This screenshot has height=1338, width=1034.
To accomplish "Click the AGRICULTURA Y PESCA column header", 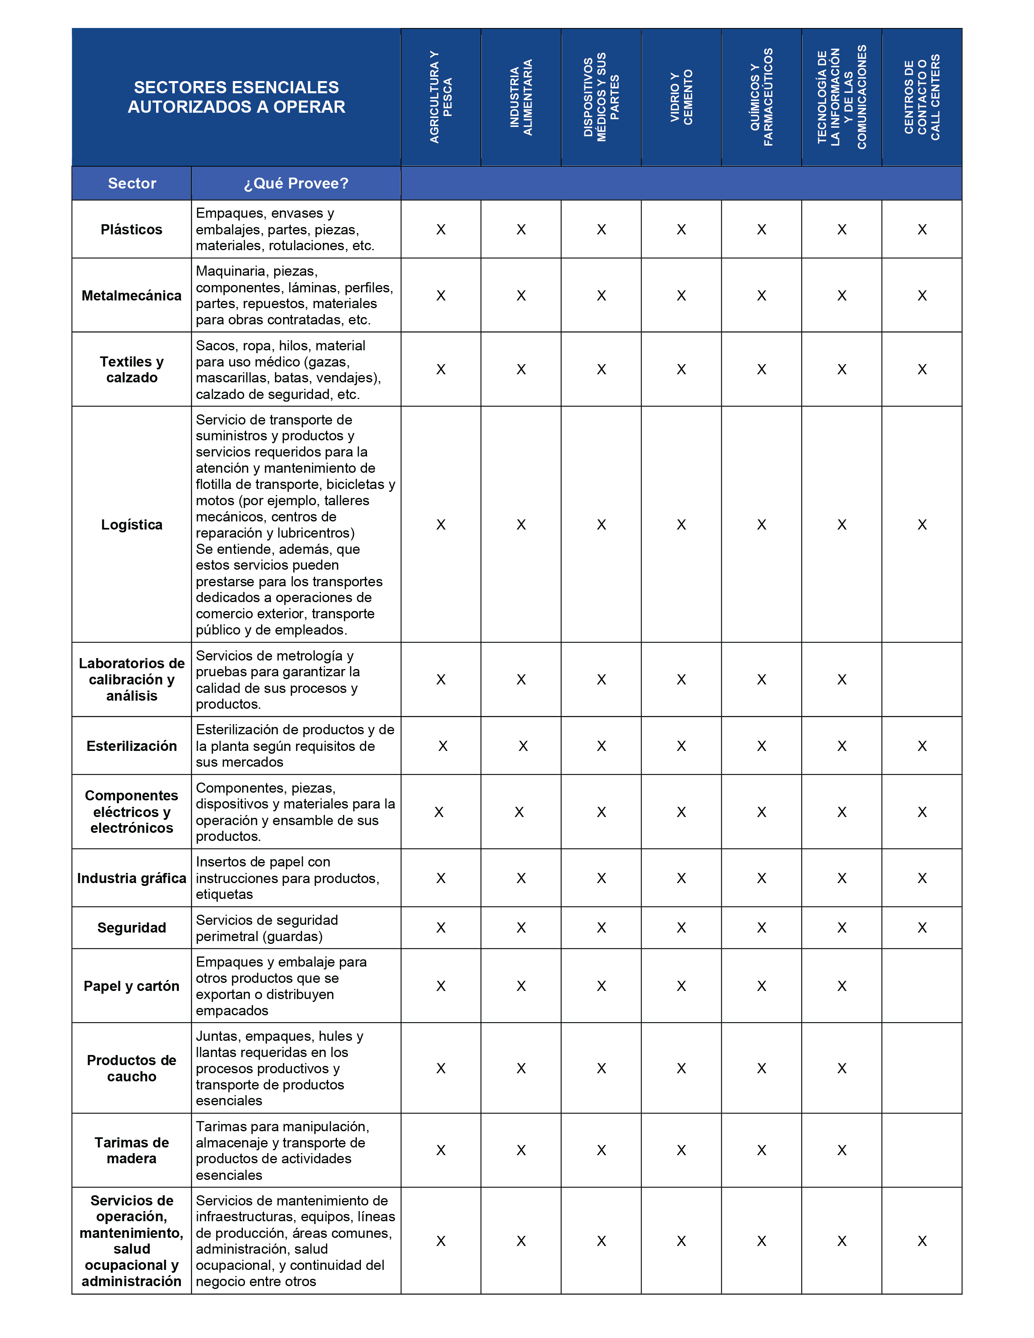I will point(441,97).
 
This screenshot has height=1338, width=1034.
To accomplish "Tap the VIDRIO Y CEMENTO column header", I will point(681,97).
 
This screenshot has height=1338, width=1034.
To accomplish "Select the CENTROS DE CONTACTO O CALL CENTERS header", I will point(922,97).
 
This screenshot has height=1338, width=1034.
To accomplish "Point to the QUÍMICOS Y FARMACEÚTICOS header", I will point(762,97).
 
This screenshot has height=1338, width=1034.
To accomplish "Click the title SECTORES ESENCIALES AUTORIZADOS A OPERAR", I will point(236,97).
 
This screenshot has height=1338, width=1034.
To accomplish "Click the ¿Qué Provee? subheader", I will point(296,183).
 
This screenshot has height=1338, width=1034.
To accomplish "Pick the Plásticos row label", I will point(132,230).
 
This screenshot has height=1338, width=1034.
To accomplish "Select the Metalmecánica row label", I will point(132,295).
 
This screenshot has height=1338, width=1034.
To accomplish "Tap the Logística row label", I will point(132,524).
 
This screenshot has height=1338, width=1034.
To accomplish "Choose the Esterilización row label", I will point(132,746).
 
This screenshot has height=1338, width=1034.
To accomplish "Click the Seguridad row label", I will point(132,928).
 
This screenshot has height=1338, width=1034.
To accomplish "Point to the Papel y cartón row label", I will point(132,986).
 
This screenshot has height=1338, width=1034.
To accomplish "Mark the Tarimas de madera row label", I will point(132,1150).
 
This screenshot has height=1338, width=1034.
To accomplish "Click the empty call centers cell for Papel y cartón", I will point(922,986).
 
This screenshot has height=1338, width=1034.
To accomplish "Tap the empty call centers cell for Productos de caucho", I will point(922,1068).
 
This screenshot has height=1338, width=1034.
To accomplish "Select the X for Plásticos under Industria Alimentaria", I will point(521,230).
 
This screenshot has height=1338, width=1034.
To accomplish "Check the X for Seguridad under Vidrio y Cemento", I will point(681,928).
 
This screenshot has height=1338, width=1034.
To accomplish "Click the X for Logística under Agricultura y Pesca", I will point(441,524).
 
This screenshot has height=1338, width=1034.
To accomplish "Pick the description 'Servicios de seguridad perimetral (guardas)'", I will point(267,928).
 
